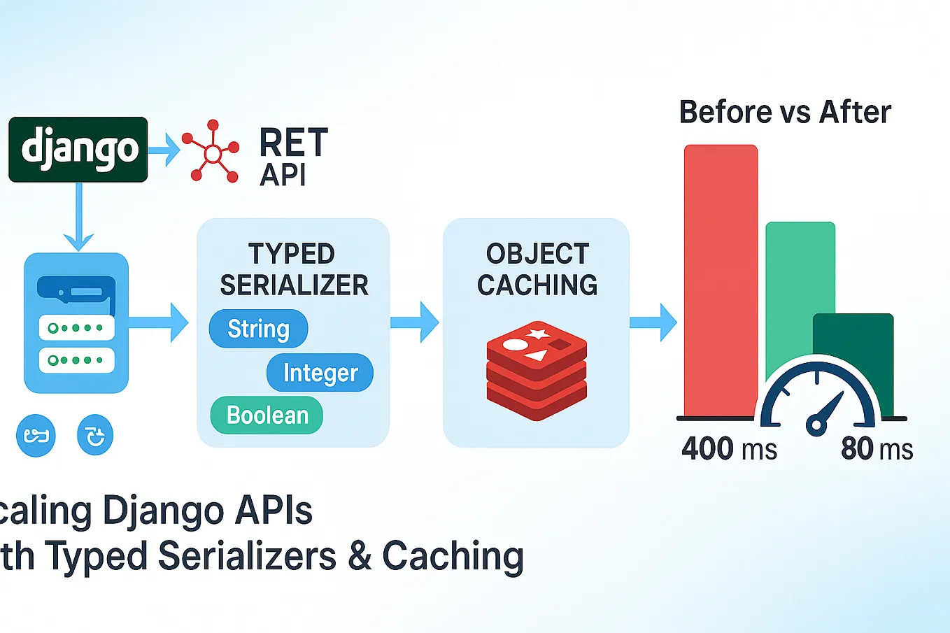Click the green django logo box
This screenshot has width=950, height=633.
(78, 150)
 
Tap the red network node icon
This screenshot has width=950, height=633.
(211, 151)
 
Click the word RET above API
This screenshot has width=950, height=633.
(293, 143)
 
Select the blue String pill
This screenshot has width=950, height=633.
(258, 329)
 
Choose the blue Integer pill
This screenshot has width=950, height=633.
(320, 373)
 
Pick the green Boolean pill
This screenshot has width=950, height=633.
(267, 415)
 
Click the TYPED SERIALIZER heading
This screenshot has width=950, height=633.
(293, 269)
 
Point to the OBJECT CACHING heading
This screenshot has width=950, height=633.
(537, 269)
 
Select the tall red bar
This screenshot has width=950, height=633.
(721, 280)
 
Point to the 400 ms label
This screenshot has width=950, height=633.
(729, 449)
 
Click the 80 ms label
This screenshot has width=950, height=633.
(877, 449)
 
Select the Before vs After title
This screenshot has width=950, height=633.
(785, 113)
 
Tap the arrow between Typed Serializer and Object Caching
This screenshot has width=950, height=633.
(415, 322)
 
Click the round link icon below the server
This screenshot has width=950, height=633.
(36, 436)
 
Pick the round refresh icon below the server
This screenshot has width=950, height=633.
(94, 436)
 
